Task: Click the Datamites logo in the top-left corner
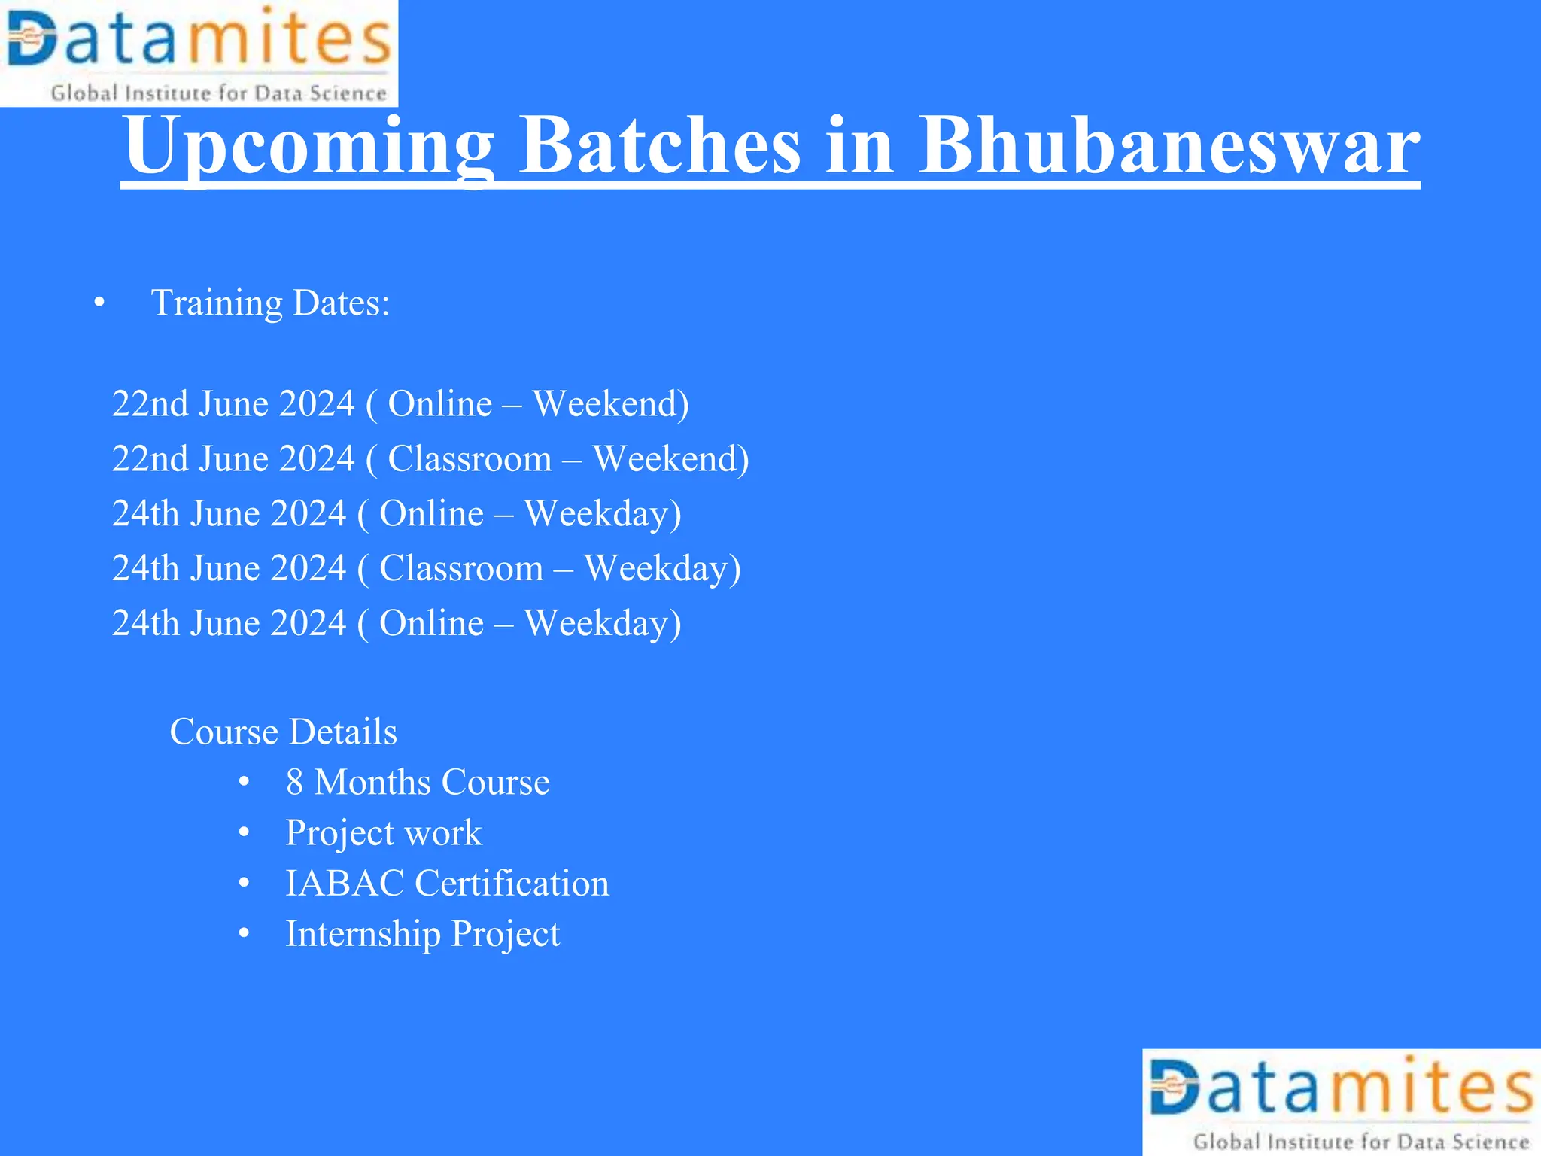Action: pyautogui.click(x=199, y=53)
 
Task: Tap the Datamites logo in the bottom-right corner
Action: pyautogui.click(x=1342, y=1103)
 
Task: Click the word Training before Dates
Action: pyautogui.click(x=217, y=303)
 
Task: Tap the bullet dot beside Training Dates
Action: pyautogui.click(x=99, y=303)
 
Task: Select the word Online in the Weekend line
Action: pyautogui.click(x=439, y=404)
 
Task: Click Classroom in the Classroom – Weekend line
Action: pyautogui.click(x=470, y=459)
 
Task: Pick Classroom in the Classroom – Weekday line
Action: pyautogui.click(x=461, y=568)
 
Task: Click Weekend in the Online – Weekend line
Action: pyautogui.click(x=610, y=404)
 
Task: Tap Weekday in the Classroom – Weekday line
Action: pyautogui.click(x=662, y=568)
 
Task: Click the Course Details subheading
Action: pyautogui.click(x=283, y=732)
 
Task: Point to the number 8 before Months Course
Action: pyautogui.click(x=294, y=783)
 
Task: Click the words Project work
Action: pyautogui.click(x=384, y=833)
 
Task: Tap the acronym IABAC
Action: pyautogui.click(x=345, y=884)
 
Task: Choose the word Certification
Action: pyautogui.click(x=512, y=884)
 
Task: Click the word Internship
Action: pyautogui.click(x=363, y=934)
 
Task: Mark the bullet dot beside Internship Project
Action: pyautogui.click(x=244, y=934)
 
